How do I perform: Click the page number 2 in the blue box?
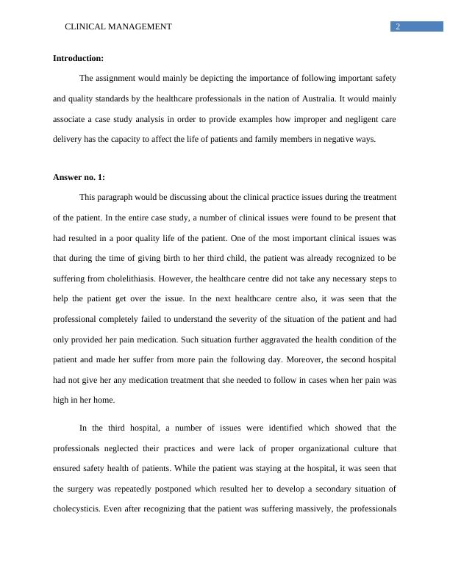pos(398,26)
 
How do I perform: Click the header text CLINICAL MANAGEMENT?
pos(118,26)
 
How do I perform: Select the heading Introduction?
pos(79,58)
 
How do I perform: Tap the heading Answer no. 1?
pos(79,177)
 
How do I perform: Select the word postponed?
pos(165,489)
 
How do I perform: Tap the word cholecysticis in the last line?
pos(76,509)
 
